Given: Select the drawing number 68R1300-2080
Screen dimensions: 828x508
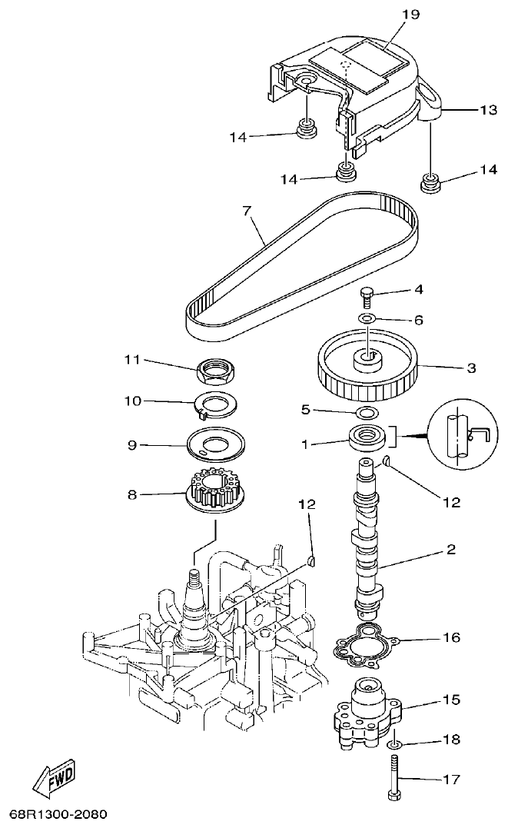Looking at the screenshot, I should (58, 813).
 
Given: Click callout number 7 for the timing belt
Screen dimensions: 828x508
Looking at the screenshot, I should (247, 208).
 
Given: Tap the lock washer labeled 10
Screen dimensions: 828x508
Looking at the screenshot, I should (215, 404).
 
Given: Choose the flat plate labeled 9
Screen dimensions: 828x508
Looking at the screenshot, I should (215, 445).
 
